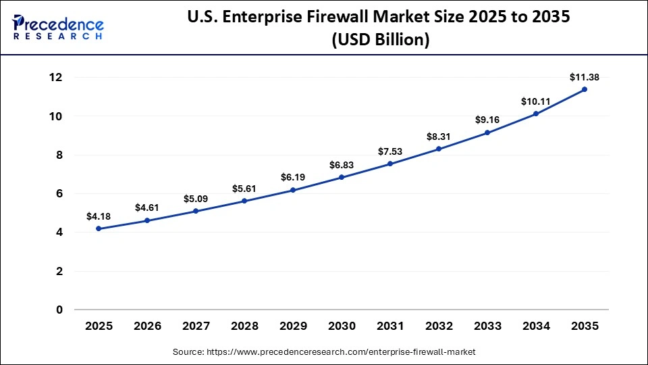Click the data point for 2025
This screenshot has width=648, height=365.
pos(99,228)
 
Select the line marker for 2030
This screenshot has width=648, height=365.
pos(342,177)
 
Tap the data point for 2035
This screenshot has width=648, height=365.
pos(585,89)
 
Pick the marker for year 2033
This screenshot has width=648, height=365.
pos(487,132)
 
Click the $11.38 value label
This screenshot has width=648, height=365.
pos(585,77)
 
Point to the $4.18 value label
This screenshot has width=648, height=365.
pos(99,216)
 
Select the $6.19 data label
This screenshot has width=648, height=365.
pos(293,177)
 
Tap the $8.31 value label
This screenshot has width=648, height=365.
pos(439,136)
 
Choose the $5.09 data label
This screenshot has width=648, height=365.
pos(196,199)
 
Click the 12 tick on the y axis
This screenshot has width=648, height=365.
pos(55,78)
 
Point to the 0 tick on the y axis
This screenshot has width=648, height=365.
pos(59,310)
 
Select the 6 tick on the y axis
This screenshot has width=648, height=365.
pos(59,194)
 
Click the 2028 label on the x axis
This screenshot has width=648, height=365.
pos(244,326)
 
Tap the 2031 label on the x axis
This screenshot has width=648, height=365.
pos(390,326)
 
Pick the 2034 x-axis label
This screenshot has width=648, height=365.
pos(536,326)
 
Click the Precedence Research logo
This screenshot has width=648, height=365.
pos(58,27)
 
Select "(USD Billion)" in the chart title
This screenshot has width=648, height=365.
pos(380,40)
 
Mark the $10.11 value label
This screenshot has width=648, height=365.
pos(536,101)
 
